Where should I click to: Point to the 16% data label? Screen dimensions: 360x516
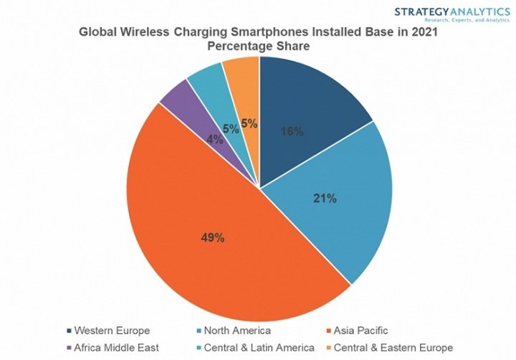pos(292,132)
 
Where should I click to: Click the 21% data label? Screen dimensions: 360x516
pos(325,199)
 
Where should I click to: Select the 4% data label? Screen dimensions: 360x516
pos(214,140)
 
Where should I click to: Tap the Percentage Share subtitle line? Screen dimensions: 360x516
pos(259,47)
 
